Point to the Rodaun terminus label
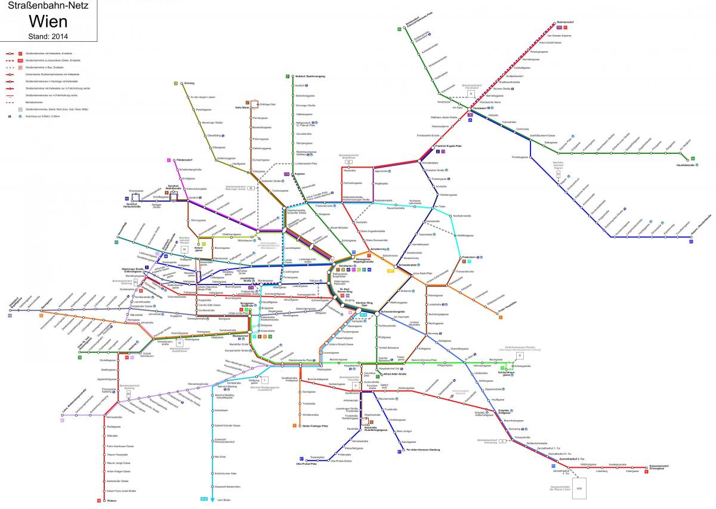pyautogui.click(x=110, y=500)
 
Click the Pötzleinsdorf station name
pyautogui.click(x=180, y=160)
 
